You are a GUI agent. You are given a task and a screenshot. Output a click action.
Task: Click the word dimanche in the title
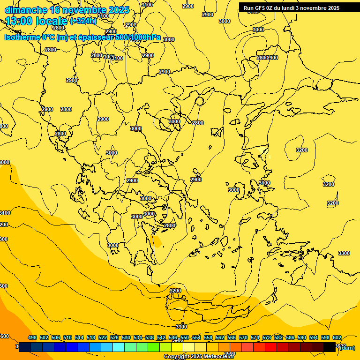26,10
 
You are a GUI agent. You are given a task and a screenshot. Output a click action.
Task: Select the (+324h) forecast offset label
83,21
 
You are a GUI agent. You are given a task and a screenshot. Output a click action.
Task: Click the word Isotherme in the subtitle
22,37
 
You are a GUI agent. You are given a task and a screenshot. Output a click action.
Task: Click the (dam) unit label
347,347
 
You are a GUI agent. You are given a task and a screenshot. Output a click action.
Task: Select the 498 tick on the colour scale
32,337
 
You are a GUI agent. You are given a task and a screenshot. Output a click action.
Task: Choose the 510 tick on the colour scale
67,337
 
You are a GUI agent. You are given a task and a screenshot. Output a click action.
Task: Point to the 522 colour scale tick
103,337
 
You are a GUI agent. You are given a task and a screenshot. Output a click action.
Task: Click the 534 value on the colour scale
138,337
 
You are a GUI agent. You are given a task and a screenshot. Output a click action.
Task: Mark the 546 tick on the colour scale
173,337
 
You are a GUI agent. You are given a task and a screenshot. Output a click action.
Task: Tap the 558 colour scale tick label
208,337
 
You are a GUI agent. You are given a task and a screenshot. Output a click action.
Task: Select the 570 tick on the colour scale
243,337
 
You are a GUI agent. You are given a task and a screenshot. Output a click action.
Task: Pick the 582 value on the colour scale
278,337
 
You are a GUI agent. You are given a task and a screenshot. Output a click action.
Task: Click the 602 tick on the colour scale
337,337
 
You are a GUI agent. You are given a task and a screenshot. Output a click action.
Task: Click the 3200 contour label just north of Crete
175,291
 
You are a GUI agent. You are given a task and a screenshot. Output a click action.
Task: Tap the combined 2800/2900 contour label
267,58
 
